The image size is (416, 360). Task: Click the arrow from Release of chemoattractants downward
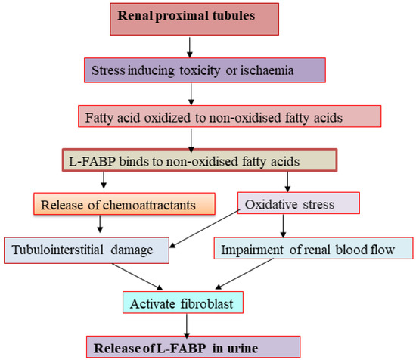click(x=101, y=225)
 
